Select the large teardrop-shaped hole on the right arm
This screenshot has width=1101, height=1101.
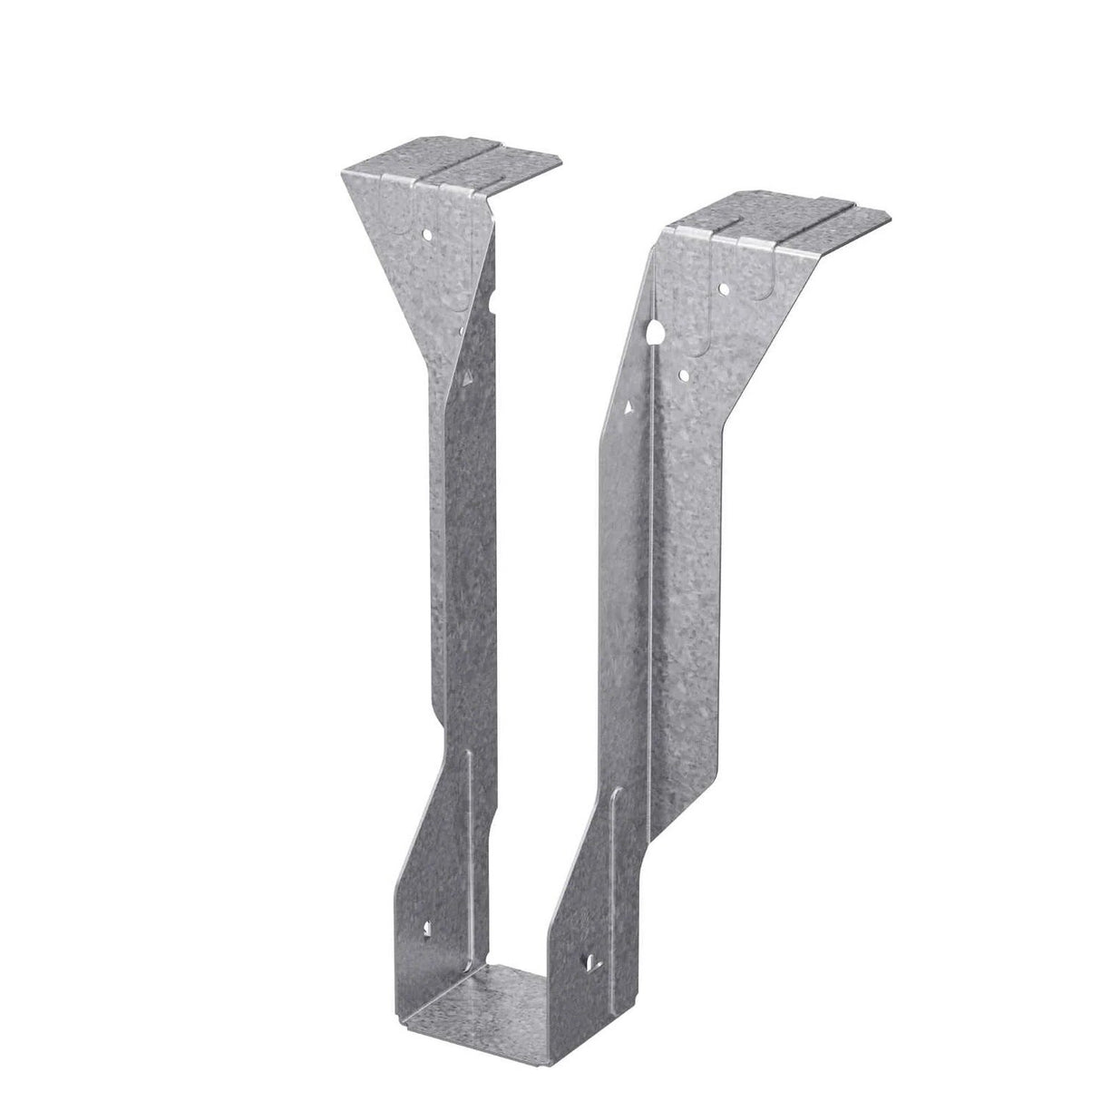tap(654, 335)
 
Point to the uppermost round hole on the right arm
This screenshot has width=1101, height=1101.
tap(725, 289)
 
